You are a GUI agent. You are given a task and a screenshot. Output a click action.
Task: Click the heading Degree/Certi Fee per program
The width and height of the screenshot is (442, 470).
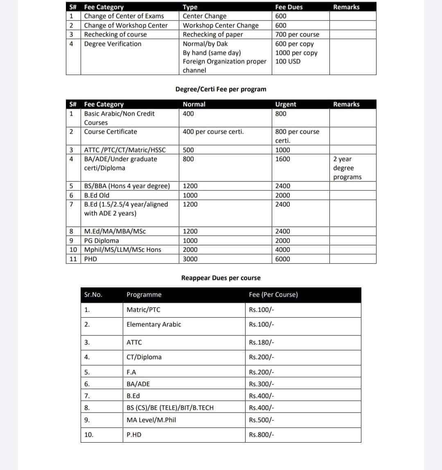[221, 89]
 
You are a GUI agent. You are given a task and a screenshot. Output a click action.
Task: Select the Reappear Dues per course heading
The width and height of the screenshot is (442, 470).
[221, 278]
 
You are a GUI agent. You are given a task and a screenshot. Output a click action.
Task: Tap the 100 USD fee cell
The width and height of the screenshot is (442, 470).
[288, 61]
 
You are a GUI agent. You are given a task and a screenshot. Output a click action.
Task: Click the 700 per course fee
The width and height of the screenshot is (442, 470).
[297, 34]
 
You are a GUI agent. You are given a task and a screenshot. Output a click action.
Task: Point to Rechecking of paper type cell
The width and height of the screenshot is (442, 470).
[212, 34]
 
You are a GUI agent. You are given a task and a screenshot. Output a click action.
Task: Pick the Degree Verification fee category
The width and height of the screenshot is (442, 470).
[113, 44]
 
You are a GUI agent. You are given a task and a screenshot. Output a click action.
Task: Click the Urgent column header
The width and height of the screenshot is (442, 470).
[286, 104]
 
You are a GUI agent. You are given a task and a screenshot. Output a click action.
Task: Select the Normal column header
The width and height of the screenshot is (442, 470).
[194, 104]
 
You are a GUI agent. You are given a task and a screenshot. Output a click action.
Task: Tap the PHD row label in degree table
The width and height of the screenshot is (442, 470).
[90, 259]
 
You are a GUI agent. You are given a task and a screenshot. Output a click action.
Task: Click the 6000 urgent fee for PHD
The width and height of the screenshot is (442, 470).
[282, 259]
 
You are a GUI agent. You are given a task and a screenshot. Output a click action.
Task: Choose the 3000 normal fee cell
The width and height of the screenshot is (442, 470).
[190, 259]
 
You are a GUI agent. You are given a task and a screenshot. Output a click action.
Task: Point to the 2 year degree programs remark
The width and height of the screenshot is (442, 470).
[347, 168]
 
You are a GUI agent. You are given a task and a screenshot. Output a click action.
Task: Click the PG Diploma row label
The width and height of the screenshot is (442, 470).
[101, 240]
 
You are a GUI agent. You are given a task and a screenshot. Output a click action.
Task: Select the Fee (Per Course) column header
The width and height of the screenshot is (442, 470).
[273, 295]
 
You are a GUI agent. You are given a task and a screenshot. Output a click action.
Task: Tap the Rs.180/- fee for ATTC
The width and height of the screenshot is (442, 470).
[262, 342]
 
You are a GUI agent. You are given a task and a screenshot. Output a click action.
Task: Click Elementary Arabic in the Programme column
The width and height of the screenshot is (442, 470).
[153, 325]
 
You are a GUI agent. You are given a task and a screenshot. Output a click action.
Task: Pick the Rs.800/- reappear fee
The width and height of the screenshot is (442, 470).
[262, 435]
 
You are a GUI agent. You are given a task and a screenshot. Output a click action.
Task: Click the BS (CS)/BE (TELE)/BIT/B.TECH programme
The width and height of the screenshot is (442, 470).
[170, 407]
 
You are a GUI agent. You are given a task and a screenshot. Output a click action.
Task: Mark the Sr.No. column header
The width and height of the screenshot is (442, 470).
[93, 295]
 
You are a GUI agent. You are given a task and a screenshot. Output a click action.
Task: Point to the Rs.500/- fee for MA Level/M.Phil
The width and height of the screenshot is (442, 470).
[262, 420]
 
